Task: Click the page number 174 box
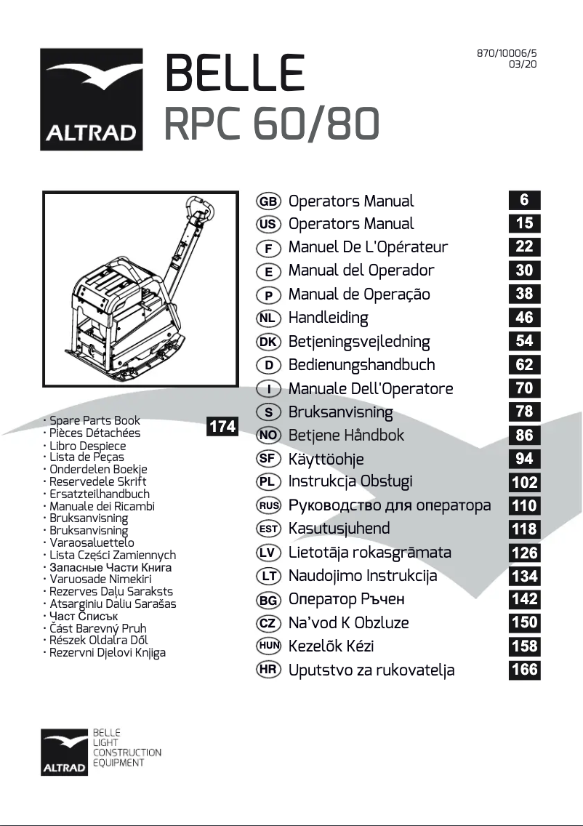point(222,427)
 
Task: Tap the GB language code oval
point(268,201)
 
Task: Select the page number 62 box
point(524,364)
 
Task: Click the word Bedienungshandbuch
point(361,364)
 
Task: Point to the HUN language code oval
point(268,646)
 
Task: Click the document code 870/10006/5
point(507,53)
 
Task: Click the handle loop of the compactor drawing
point(200,211)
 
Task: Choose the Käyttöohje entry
point(326,459)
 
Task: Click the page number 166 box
point(524,669)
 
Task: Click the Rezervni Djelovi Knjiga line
point(107,652)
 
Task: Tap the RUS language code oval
point(268,505)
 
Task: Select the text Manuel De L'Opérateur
point(368,246)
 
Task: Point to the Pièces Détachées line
point(95,433)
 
